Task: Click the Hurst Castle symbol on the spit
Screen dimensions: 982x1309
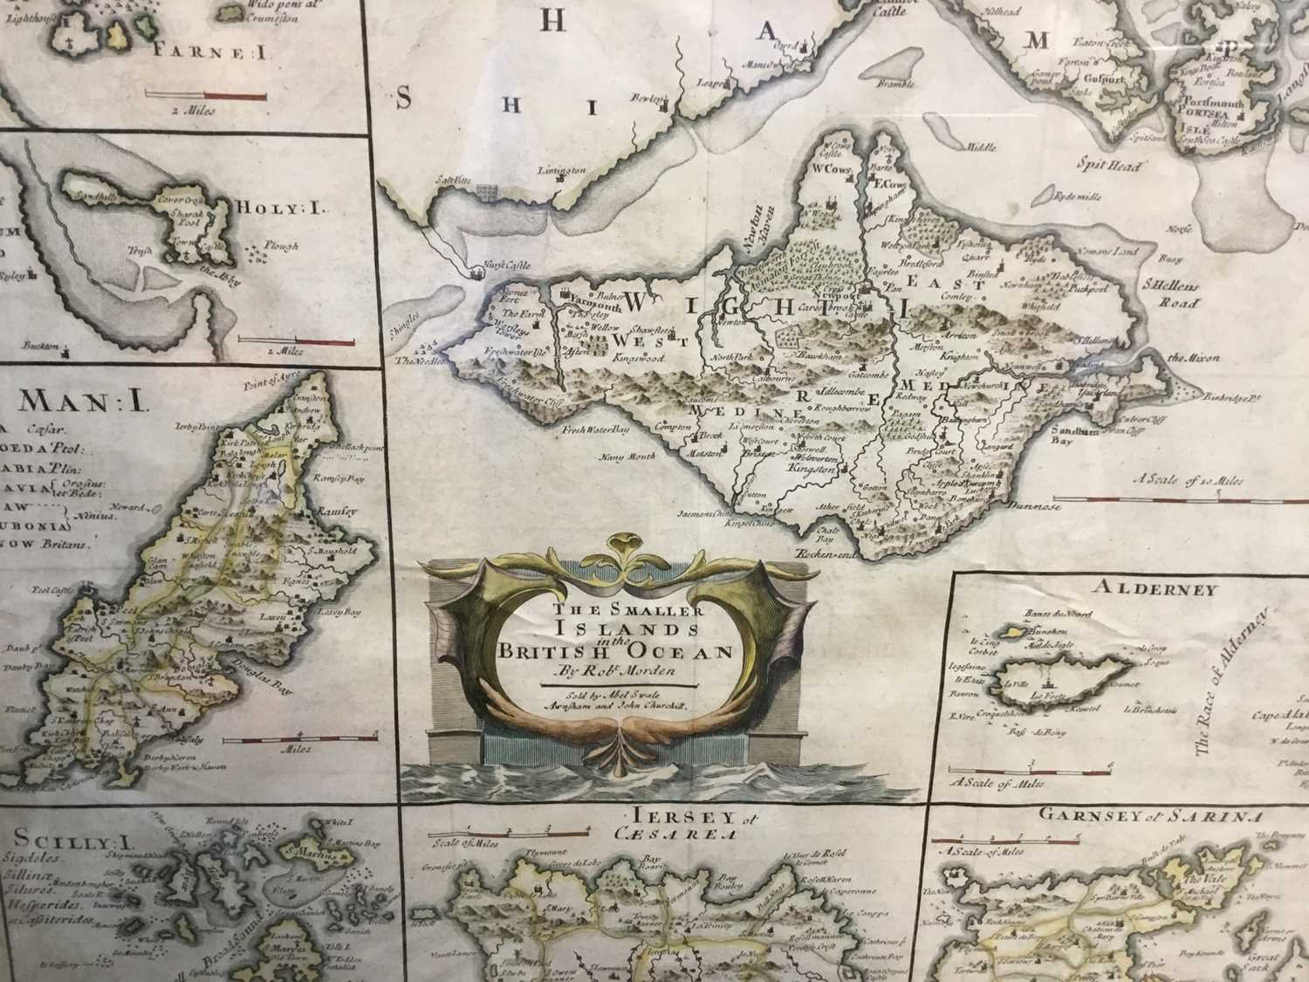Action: pos(476,273)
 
